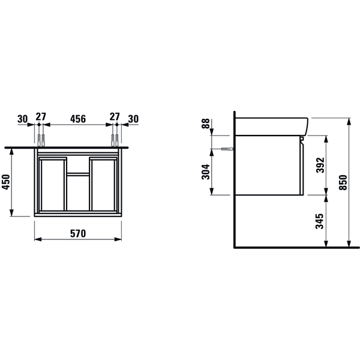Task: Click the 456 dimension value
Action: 78,119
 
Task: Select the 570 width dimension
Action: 78,234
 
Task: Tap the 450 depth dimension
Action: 6,182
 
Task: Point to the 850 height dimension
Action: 343,182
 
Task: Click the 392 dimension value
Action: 320,165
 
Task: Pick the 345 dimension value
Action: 320,221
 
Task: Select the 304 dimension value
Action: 206,172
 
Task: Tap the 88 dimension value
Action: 206,124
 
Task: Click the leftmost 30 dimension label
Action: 23,119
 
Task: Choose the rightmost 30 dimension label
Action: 133,119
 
